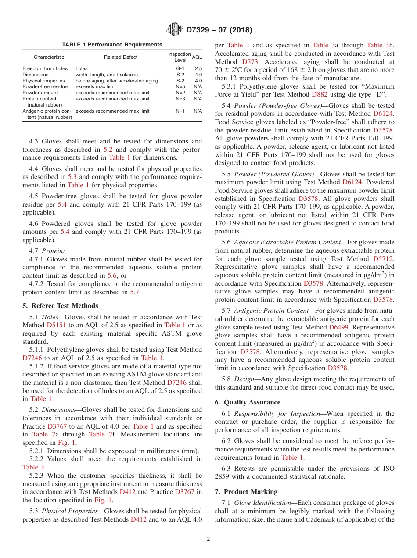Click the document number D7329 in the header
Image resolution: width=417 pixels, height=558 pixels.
click(x=200, y=30)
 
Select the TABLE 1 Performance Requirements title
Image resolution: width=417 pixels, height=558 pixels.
click(x=112, y=45)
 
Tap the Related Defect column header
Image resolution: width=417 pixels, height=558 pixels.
click(x=121, y=57)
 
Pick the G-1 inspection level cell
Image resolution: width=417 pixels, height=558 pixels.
click(x=180, y=68)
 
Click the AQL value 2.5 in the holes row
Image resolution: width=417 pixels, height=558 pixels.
click(x=198, y=68)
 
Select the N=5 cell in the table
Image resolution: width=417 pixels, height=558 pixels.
click(x=180, y=87)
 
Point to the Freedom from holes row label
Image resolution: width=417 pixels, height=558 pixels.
click(x=45, y=68)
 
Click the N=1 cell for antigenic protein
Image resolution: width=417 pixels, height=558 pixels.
click(x=180, y=111)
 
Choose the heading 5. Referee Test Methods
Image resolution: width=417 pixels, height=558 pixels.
click(x=60, y=306)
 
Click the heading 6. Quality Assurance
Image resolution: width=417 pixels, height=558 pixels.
click(x=247, y=402)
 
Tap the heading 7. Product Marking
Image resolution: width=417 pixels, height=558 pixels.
click(x=246, y=492)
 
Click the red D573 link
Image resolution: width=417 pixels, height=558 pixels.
click(x=252, y=62)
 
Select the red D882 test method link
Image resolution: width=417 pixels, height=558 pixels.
click(x=320, y=95)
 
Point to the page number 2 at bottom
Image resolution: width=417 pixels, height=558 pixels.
click(x=208, y=539)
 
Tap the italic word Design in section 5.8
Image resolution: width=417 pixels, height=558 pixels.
click(x=244, y=379)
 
